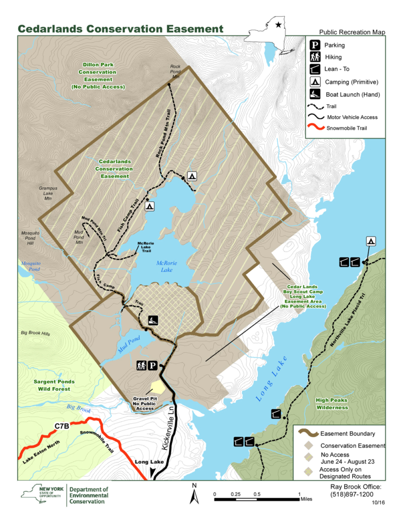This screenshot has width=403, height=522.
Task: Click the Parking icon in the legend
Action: pos(313,45)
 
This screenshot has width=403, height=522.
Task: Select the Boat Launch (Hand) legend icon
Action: pos(313,94)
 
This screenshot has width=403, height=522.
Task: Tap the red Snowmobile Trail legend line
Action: pos(313,128)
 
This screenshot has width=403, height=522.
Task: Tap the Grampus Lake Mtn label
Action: pos(48,193)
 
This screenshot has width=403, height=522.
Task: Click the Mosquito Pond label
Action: pos(30,266)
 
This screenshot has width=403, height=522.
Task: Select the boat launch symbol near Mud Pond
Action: pos(152,321)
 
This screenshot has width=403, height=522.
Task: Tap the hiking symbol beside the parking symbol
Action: pos(141,366)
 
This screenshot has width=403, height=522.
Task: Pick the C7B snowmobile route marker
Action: pos(61,426)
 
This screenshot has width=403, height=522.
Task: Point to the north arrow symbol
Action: pos(193,495)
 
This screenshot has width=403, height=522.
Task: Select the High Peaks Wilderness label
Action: pos(331,404)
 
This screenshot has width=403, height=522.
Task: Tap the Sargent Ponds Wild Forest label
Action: pos(54,385)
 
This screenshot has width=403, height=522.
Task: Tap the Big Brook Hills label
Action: pos(36,333)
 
